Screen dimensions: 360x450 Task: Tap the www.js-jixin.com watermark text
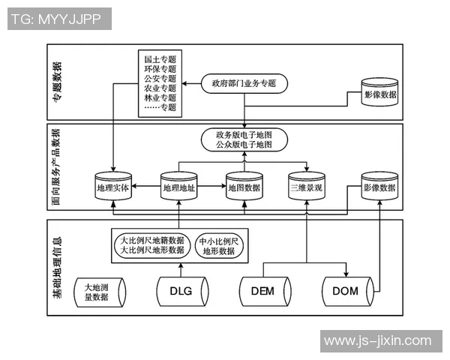click(x=377, y=340)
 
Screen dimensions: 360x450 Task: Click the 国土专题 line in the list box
click(x=160, y=57)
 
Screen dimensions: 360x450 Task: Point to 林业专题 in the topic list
click(x=160, y=97)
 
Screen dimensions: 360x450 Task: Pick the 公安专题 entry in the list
click(x=160, y=77)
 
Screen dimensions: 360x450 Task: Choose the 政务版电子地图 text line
click(x=244, y=134)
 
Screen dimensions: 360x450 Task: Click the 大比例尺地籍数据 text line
click(x=152, y=240)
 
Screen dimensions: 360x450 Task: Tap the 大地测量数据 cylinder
click(x=96, y=292)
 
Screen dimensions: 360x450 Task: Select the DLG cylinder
click(x=181, y=292)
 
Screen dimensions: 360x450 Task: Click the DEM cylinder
click(x=263, y=292)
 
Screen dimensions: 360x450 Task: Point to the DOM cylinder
click(x=346, y=292)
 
